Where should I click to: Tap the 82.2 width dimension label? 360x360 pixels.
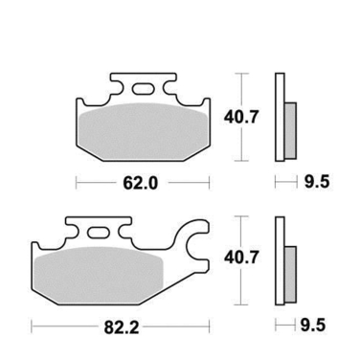pos(120,326)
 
